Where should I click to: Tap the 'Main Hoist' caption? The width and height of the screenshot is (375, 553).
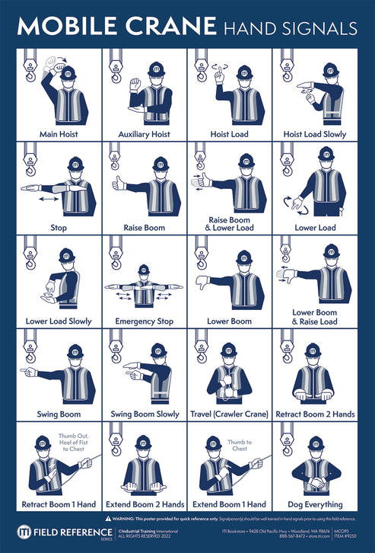click(x=59, y=134)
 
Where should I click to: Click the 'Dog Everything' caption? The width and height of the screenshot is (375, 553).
click(x=313, y=503)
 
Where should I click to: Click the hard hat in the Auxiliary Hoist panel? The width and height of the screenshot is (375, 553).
click(x=155, y=72)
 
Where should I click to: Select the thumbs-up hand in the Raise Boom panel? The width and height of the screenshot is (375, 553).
click(x=118, y=183)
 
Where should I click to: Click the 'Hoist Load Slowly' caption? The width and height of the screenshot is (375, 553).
click(x=314, y=134)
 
